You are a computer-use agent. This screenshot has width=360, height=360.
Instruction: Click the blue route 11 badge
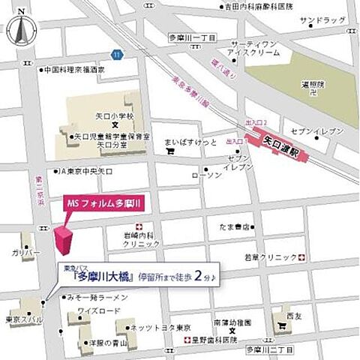click(116, 54)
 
